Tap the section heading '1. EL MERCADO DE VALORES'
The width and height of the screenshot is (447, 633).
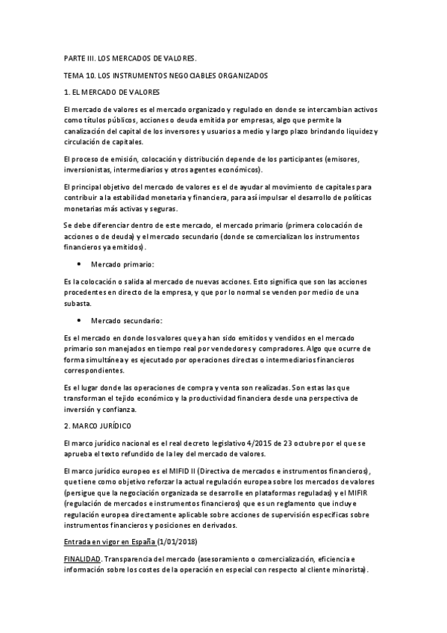tap(112, 93)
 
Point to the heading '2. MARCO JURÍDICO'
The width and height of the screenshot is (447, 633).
tap(97, 425)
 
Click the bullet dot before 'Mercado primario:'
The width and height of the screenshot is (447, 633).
tap(79, 264)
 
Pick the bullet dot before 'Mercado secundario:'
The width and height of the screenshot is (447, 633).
tap(79, 320)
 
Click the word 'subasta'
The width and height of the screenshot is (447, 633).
tap(77, 303)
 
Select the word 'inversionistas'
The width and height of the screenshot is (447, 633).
tap(89, 169)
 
